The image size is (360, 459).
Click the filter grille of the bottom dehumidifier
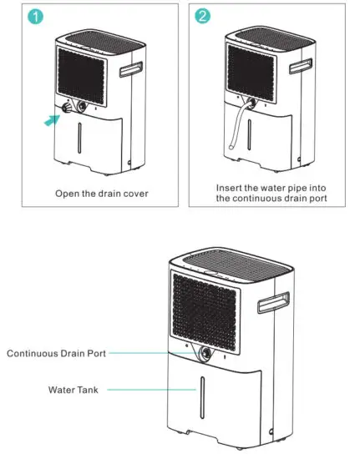(x=205, y=310)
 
